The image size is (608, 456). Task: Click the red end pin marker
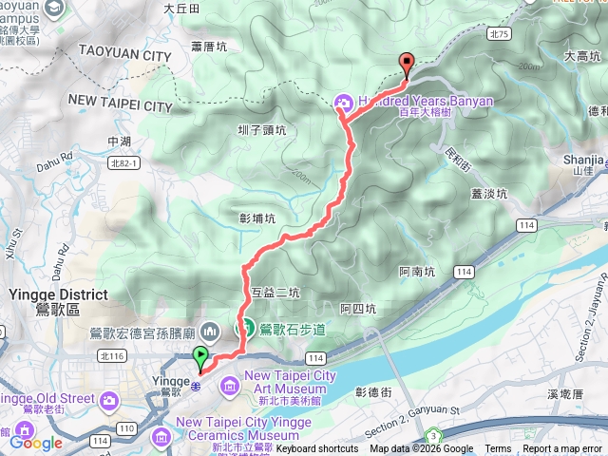(x=408, y=65)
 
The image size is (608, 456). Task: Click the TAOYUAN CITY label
(x=124, y=56)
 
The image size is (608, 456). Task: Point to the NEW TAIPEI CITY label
(x=120, y=99)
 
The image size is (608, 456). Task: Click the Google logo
(x=35, y=442)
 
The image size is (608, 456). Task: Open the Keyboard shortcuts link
(x=317, y=449)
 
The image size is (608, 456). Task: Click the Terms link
(x=498, y=449)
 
